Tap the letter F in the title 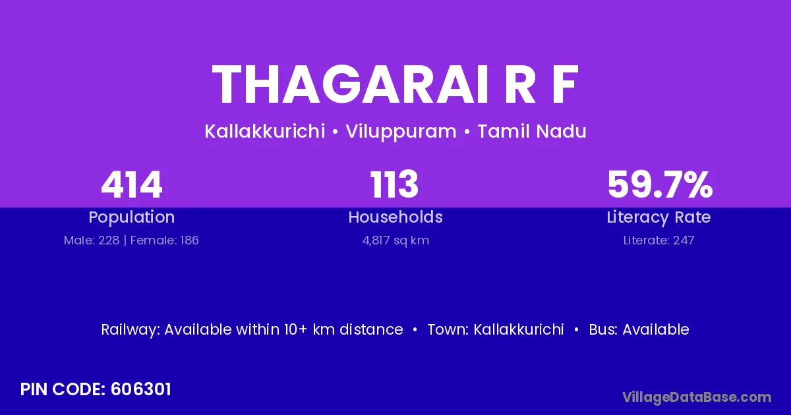point(565,85)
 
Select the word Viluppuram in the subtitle point(401,132)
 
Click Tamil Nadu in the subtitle point(532,131)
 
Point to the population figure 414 point(132,184)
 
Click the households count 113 point(394,184)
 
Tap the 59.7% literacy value point(660,184)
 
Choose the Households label point(395,217)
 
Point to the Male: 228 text point(92,240)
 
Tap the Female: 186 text point(165,240)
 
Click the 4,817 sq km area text point(395,240)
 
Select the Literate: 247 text point(659,240)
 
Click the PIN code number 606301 point(141,389)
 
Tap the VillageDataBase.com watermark point(697,398)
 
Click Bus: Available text point(639,329)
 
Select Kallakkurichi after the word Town point(518,329)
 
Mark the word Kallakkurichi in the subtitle point(265,131)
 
